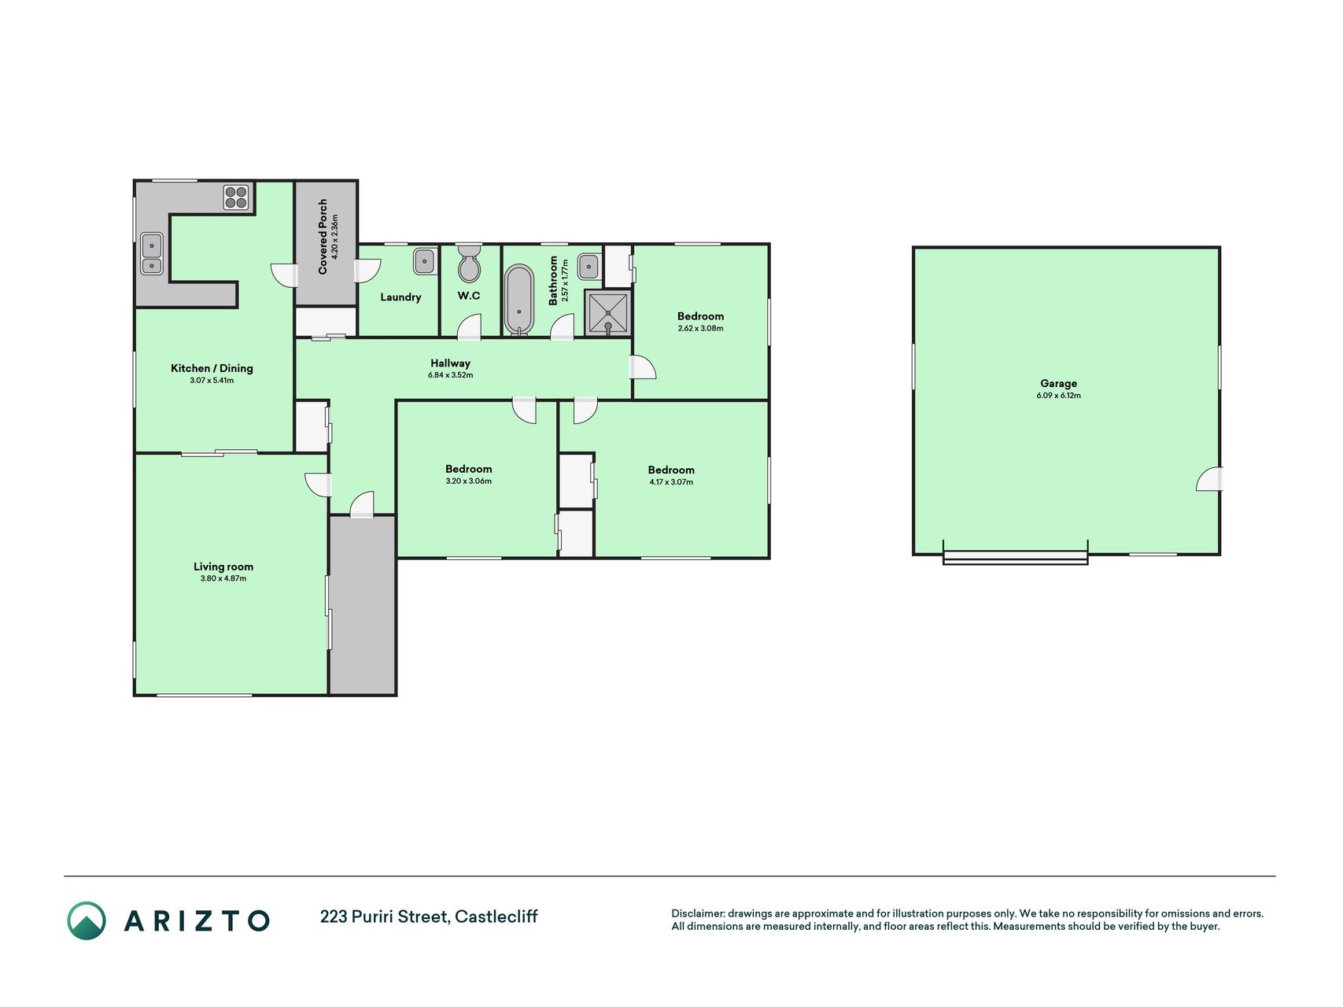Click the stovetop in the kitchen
tap(236, 197)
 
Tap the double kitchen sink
tap(151, 253)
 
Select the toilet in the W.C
tap(470, 263)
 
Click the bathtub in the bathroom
tap(519, 300)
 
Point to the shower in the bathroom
tap(608, 313)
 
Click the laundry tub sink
tap(425, 261)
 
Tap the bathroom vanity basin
tap(589, 267)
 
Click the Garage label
tap(1058, 383)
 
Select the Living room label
tap(223, 566)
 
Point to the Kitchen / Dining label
tap(212, 368)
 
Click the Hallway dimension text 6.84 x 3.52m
tap(450, 375)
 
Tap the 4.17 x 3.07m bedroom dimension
tap(671, 482)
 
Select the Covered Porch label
tap(323, 237)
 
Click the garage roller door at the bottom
tap(1015, 557)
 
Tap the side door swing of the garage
tap(1209, 479)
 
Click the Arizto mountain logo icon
tap(87, 920)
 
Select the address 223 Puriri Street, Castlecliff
tap(429, 917)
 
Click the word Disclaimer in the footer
tap(697, 913)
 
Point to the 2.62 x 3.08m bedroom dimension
tap(700, 329)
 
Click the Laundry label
tap(400, 297)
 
